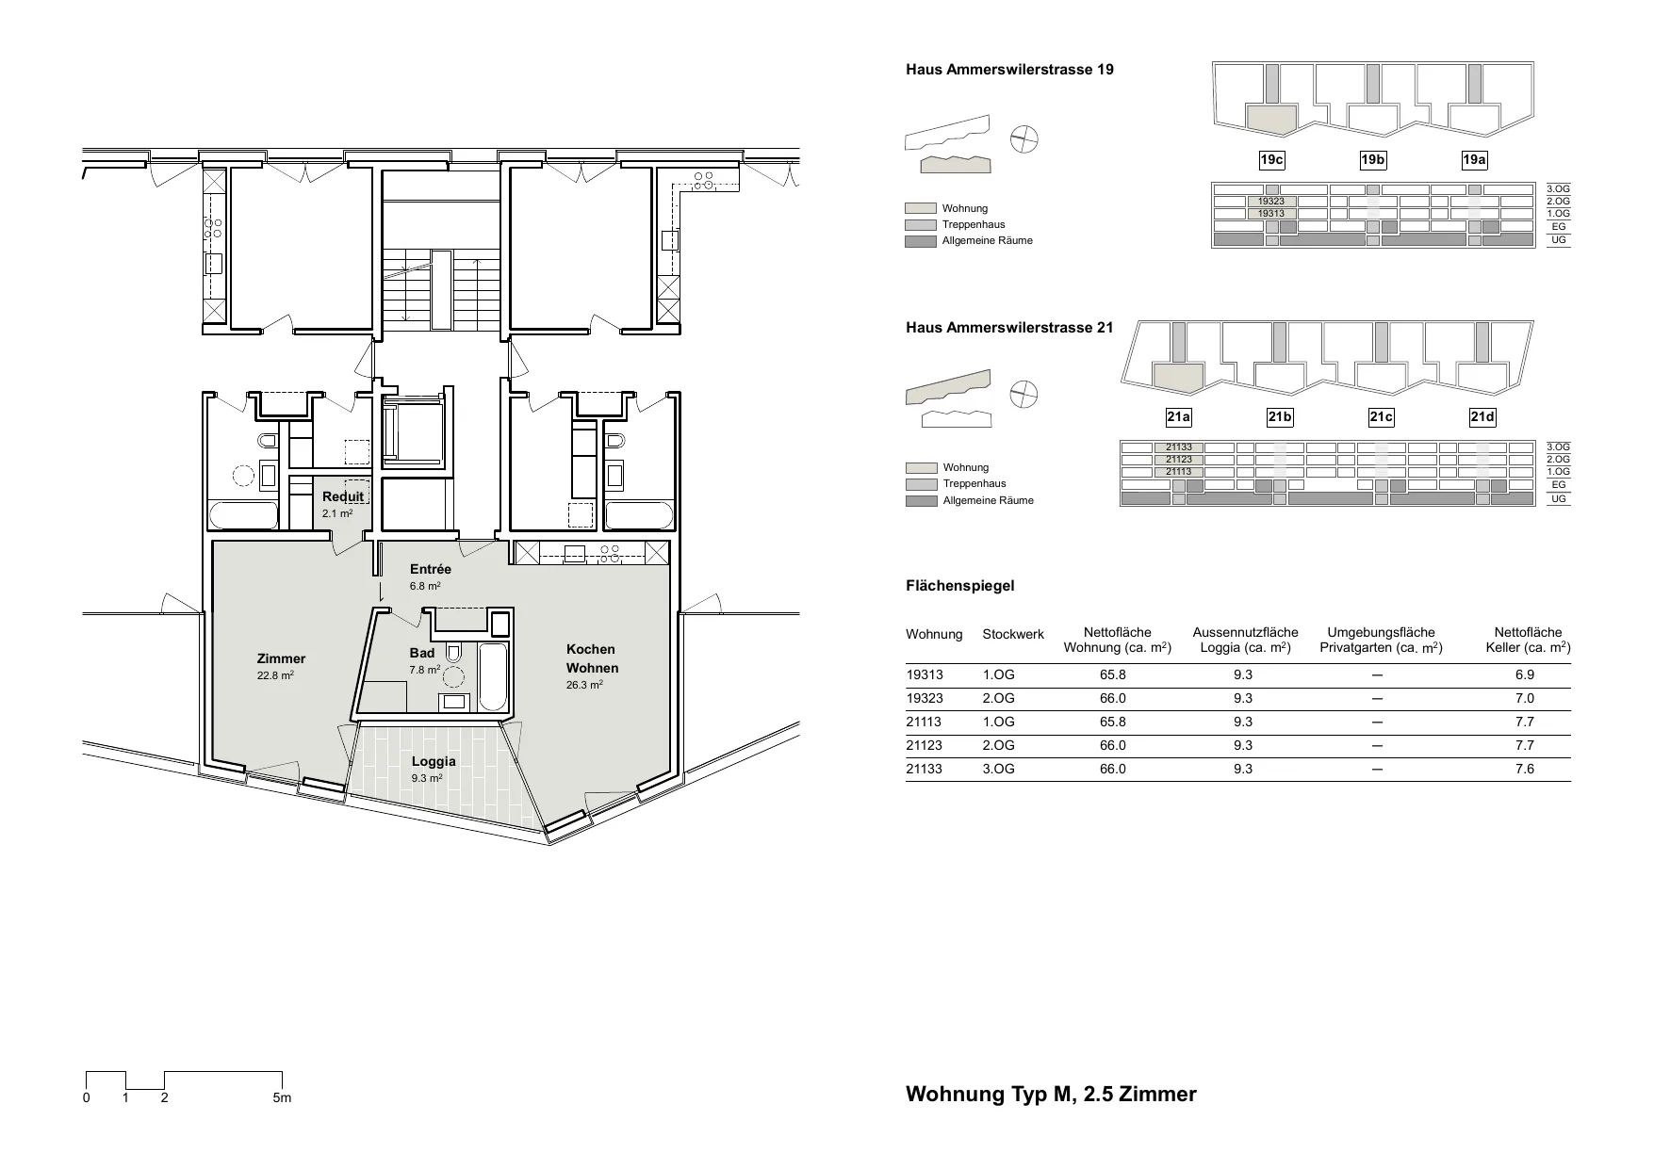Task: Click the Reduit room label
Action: coord(343,497)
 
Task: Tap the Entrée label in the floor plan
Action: coord(431,569)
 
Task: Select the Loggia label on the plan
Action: coord(434,761)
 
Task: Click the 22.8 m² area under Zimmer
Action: coord(275,675)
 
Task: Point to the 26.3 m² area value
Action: coord(584,685)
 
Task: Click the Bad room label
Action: coord(422,653)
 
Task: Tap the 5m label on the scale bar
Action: coord(282,1097)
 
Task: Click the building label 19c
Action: coord(1271,160)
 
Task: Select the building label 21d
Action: coord(1482,417)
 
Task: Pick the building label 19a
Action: coord(1474,160)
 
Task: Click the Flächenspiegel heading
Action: coord(960,586)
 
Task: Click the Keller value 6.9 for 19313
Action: coord(1524,675)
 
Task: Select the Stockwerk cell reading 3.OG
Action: coord(998,770)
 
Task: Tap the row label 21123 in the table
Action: coord(925,746)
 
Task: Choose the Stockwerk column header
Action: coord(1013,635)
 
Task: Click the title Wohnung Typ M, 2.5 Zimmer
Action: coord(1051,1095)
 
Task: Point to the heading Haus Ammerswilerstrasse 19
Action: coord(1009,70)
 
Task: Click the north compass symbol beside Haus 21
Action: coord(1024,395)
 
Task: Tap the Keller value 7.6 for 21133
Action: coord(1524,770)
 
